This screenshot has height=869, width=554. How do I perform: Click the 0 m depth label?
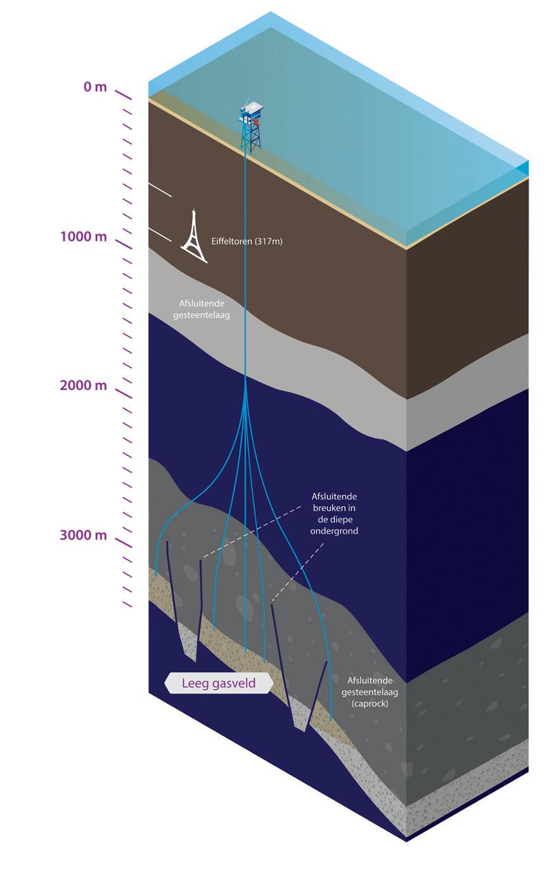95,87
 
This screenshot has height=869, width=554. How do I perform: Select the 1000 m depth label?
84,236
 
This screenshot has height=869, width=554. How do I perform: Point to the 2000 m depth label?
84,385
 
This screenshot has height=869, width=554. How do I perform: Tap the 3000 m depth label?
84,535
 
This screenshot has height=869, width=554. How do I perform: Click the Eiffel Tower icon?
193,236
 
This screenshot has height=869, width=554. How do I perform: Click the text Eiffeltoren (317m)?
247,241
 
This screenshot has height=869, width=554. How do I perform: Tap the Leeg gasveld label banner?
219,683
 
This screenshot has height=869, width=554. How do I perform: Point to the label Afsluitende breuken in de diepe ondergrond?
334,513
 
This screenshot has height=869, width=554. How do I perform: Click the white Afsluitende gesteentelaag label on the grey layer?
202,309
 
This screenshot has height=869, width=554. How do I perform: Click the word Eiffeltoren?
231,241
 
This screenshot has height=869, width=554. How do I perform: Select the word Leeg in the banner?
195,683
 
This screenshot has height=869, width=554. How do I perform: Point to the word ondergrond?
334,531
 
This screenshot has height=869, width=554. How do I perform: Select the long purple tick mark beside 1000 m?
123,243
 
